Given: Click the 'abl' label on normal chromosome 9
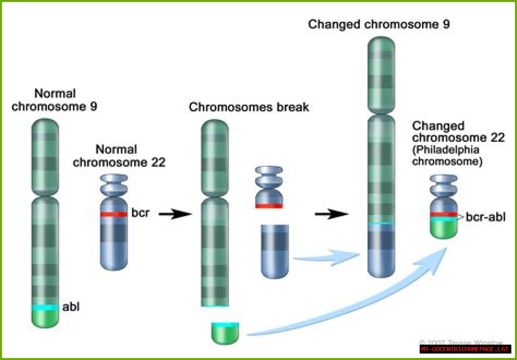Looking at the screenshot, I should [71, 307].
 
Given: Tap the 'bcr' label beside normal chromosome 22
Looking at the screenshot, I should [140, 213].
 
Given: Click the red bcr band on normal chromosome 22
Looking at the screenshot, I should [114, 215].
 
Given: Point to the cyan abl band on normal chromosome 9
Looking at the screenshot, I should [45, 307].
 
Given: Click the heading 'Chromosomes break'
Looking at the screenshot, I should [249, 107].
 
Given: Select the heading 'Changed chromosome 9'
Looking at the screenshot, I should [379, 24].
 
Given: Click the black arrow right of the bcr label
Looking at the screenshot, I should [174, 215].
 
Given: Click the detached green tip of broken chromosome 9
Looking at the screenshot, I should [225, 334].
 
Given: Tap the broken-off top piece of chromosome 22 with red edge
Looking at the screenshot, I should [269, 188].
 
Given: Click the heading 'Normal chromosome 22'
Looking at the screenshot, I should [116, 156].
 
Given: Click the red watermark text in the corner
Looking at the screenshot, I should [465, 349].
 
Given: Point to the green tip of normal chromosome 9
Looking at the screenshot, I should [45, 318].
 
